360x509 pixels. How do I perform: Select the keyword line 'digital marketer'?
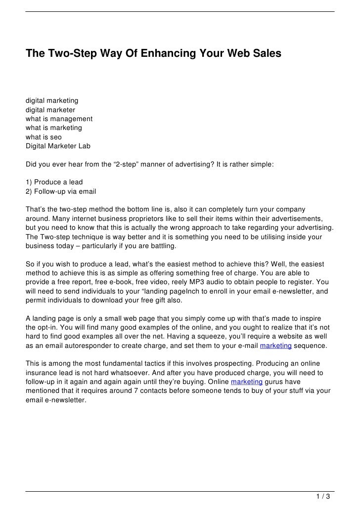50,110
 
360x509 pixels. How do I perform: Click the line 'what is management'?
59,119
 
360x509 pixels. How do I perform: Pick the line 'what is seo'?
44,137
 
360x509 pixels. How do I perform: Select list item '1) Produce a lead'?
54,182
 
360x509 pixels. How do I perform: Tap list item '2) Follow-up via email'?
61,191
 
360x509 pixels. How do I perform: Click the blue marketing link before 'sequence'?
275,346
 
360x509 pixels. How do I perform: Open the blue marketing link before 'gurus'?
246,382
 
